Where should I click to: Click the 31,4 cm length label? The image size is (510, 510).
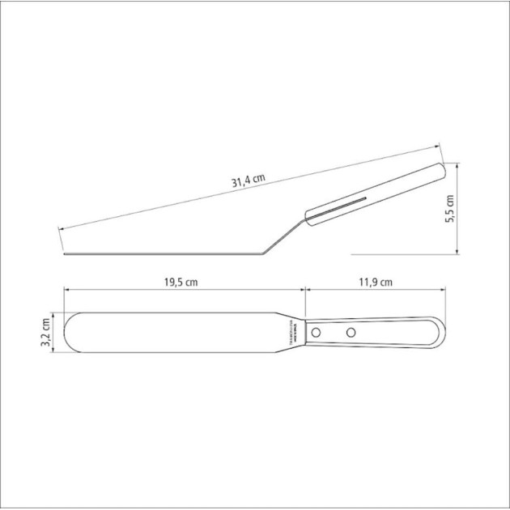[249, 181]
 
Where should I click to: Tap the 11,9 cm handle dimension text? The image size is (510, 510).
[375, 283]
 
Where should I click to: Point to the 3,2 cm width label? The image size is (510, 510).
[46, 332]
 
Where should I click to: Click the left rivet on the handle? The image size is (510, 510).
[317, 332]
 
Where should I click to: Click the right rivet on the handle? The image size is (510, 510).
[351, 332]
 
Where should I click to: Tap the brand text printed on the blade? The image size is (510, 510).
[294, 332]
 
